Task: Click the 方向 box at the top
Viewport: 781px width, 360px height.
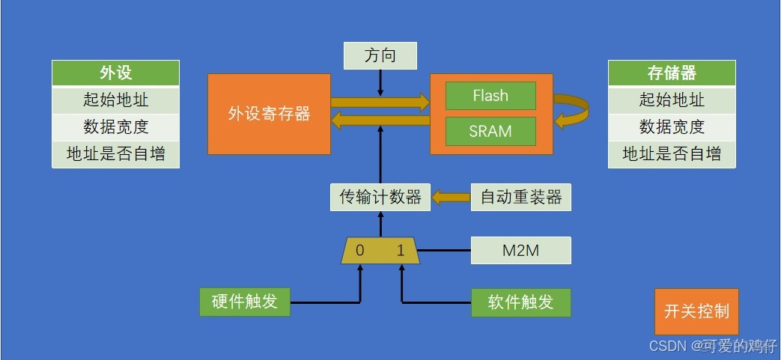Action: coord(380,55)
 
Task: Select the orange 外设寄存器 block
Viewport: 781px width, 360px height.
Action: coord(269,114)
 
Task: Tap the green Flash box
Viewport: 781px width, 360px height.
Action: coord(490,96)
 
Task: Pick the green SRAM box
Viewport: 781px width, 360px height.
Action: coord(490,131)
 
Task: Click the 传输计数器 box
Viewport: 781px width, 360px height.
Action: coord(380,198)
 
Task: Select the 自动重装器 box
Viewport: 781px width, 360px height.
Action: coord(520,198)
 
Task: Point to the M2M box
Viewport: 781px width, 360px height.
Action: coord(520,251)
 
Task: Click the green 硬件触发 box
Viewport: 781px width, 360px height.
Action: coord(245,302)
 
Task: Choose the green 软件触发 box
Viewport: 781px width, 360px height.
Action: coord(520,302)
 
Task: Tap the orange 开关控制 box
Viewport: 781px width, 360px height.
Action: coord(696,311)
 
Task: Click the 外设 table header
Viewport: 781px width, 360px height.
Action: coord(115,73)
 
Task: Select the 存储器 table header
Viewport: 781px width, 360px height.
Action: coord(672,73)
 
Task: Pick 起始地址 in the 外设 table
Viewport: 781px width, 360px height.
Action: coord(115,100)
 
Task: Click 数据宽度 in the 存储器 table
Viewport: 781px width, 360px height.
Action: coord(672,126)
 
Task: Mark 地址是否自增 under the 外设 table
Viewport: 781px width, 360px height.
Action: coord(115,154)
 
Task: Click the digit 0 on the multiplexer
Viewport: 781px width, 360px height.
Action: coord(360,251)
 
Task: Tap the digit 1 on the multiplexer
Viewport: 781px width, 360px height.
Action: coord(401,251)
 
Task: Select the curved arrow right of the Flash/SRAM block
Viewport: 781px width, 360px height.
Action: coord(574,112)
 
